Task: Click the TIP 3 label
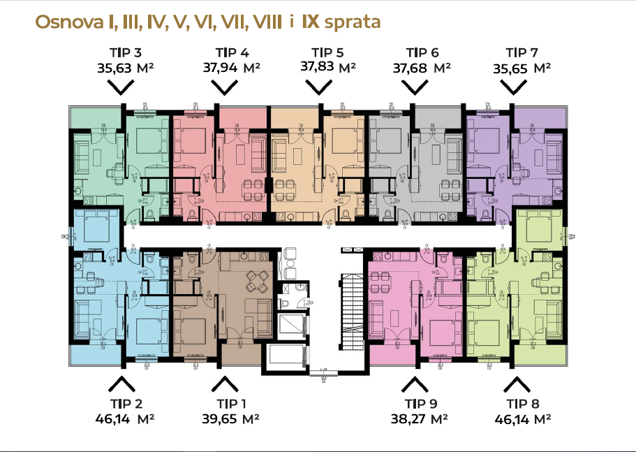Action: click(126, 53)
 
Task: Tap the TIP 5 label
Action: click(327, 53)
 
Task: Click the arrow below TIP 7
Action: click(515, 87)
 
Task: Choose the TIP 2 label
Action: click(126, 404)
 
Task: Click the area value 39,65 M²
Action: click(228, 419)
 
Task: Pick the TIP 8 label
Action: click(524, 404)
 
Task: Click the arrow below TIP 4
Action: click(225, 87)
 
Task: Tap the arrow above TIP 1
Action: click(225, 384)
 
